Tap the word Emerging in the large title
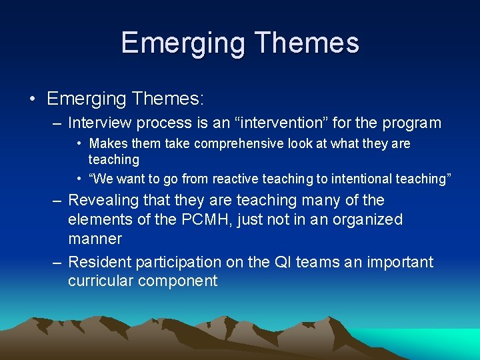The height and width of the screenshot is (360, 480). click(183, 43)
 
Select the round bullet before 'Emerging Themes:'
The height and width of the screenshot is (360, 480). click(33, 99)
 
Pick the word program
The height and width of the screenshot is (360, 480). click(412, 123)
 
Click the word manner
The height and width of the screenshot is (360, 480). click(95, 239)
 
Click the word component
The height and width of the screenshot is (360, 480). click(178, 281)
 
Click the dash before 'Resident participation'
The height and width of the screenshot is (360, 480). click(58, 262)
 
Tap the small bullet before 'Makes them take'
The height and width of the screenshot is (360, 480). click(79, 143)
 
